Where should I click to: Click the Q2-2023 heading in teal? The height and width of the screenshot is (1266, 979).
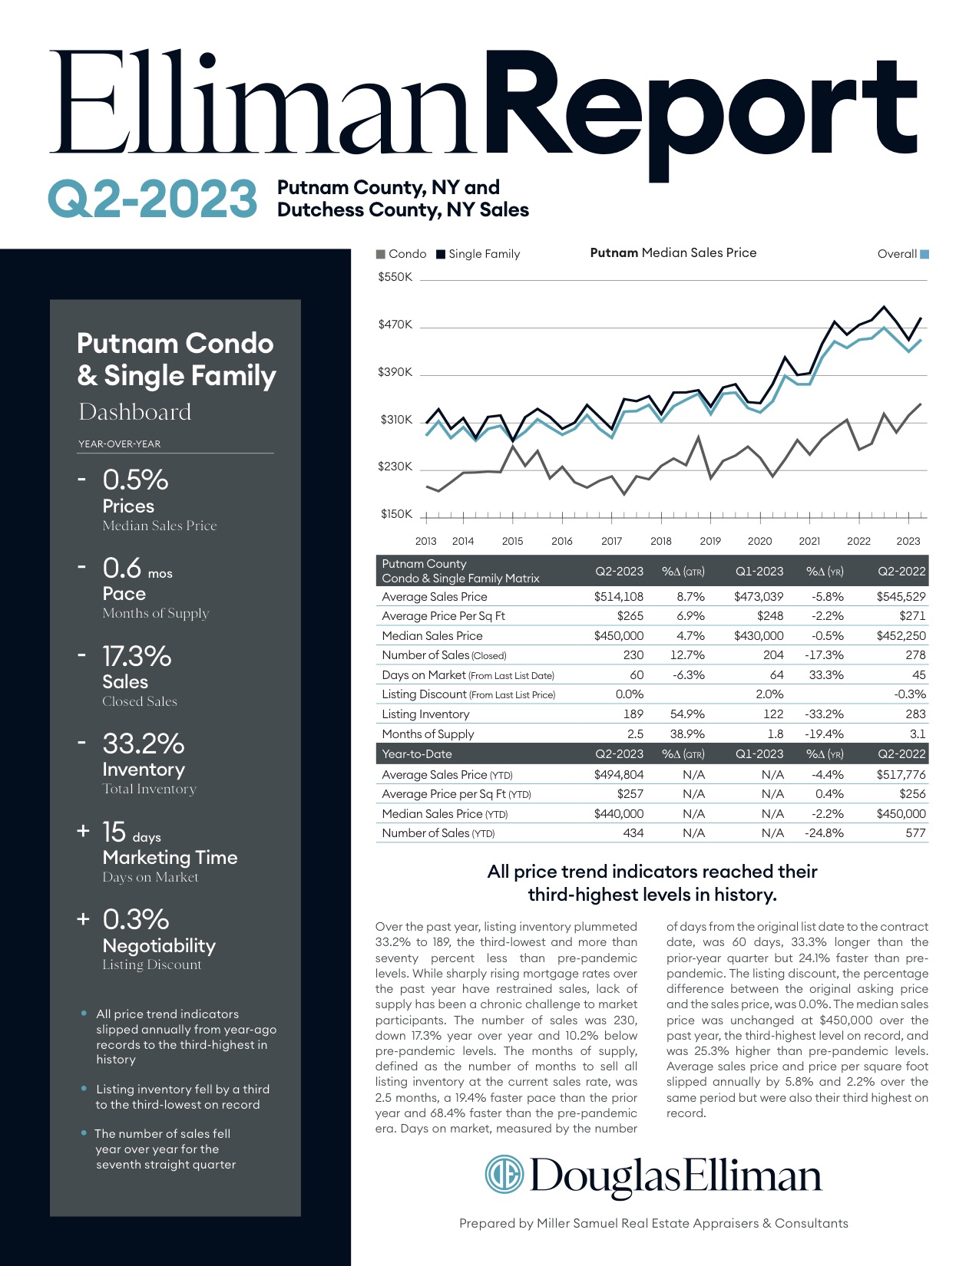pyautogui.click(x=152, y=199)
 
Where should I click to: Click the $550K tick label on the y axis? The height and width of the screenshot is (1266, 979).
pyautogui.click(x=395, y=277)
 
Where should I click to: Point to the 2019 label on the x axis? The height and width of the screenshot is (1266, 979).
pyautogui.click(x=710, y=541)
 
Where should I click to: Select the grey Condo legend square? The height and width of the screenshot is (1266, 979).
pyautogui.click(x=381, y=254)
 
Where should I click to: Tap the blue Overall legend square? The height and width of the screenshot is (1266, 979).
pyautogui.click(x=924, y=254)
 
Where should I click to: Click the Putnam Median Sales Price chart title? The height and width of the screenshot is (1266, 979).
pyautogui.click(x=673, y=252)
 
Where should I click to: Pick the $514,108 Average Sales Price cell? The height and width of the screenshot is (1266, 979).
pyautogui.click(x=618, y=596)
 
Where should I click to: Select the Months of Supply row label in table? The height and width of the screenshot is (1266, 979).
pyautogui.click(x=428, y=734)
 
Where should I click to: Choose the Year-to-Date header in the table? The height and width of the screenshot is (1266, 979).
pyautogui.click(x=417, y=753)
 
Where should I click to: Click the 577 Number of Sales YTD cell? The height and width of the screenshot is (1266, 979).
pyautogui.click(x=915, y=832)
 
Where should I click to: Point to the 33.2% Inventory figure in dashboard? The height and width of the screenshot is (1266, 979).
pyautogui.click(x=144, y=743)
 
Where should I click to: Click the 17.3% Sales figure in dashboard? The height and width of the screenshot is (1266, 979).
pyautogui.click(x=137, y=656)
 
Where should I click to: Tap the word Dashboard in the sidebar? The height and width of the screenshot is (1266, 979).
pyautogui.click(x=135, y=412)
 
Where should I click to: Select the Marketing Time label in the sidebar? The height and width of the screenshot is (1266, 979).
pyautogui.click(x=170, y=857)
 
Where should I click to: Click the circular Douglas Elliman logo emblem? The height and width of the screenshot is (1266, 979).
pyautogui.click(x=504, y=1175)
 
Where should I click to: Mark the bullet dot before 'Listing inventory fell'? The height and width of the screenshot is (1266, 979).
pyautogui.click(x=84, y=1089)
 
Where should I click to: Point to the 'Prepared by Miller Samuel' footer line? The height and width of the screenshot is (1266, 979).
pyautogui.click(x=653, y=1223)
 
